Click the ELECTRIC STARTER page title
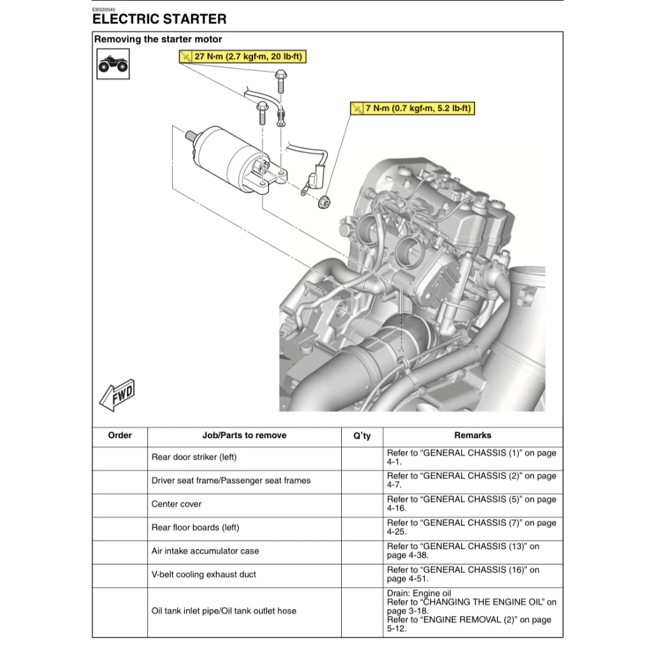(x=159, y=20)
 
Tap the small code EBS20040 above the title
(x=104, y=10)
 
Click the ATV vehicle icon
(x=113, y=64)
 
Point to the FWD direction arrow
(x=117, y=395)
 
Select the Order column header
(x=120, y=436)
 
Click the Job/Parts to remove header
(x=244, y=436)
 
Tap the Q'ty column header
(x=362, y=436)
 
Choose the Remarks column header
(x=473, y=436)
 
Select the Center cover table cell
(x=177, y=504)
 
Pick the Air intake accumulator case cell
(x=205, y=551)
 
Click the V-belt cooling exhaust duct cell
(x=203, y=575)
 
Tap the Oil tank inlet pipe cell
(x=224, y=611)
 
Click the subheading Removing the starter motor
(x=158, y=40)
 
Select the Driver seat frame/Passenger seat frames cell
(x=231, y=481)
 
